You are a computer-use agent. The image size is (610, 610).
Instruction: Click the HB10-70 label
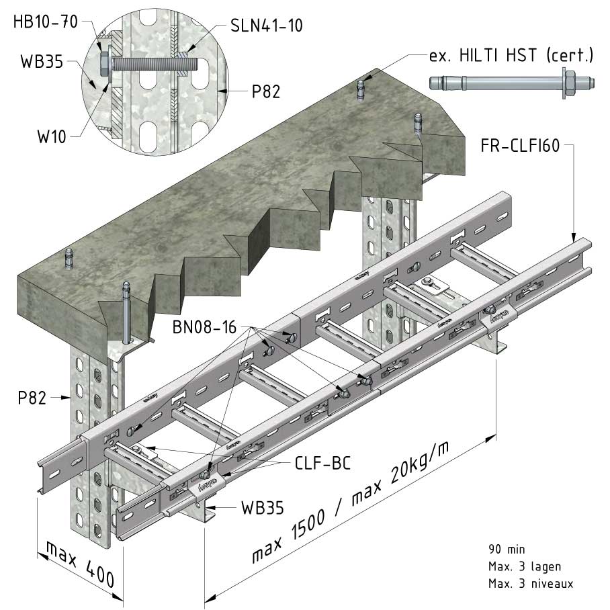[46, 21]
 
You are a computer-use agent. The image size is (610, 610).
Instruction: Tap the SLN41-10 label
[267, 26]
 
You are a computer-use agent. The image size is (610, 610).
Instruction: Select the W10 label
[52, 137]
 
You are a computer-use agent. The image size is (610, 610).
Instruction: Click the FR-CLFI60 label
[520, 146]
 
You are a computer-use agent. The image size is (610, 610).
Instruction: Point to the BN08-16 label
[204, 327]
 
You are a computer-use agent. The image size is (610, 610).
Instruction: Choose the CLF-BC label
[323, 464]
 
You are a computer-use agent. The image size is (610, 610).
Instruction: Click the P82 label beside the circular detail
[266, 92]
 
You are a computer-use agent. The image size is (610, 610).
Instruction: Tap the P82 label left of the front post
[32, 398]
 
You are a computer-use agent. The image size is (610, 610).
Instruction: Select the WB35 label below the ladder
[263, 508]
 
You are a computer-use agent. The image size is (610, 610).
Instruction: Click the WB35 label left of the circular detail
[42, 62]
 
